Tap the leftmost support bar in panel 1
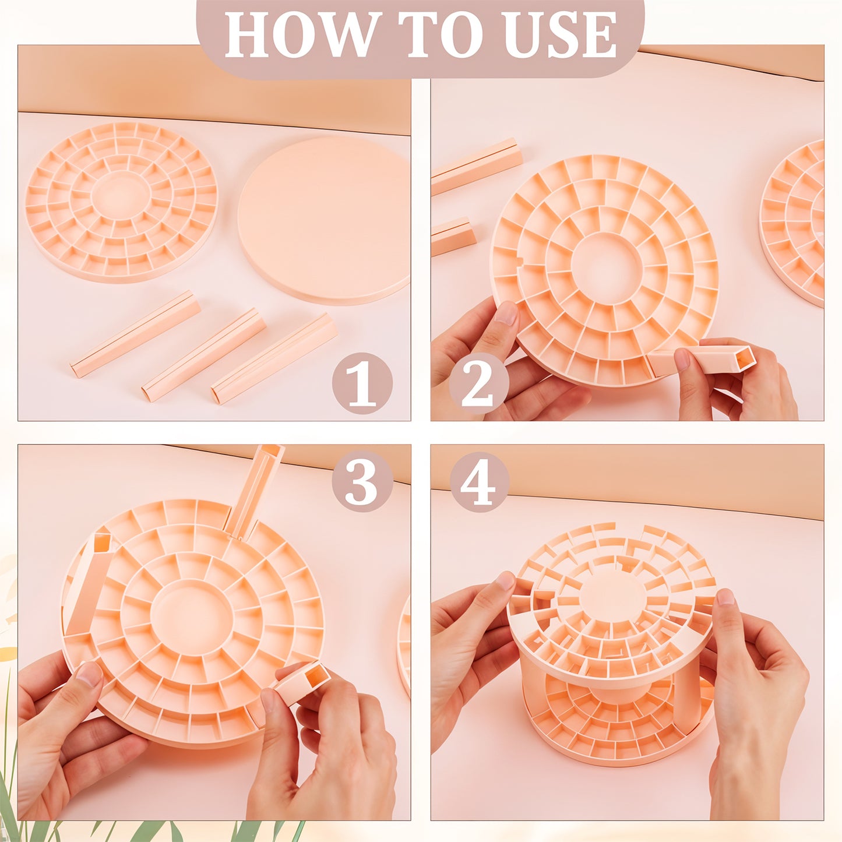click(x=135, y=334)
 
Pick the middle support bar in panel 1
click(x=204, y=354)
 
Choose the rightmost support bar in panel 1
click(x=274, y=358)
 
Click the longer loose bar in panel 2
click(x=476, y=166)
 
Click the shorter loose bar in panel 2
click(x=453, y=237)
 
